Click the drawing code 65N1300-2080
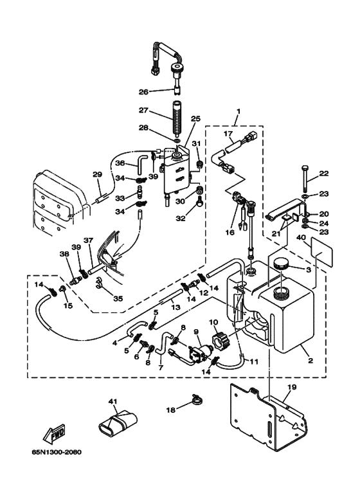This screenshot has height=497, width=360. tap(57, 452)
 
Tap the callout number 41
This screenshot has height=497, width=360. tap(113, 402)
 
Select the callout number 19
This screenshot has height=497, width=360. tap(291, 387)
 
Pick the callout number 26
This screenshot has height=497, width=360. tap(143, 92)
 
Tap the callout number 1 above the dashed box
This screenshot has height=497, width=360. tap(239, 111)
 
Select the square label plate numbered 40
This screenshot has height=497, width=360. tap(322, 251)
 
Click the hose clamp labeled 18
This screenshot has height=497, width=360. tap(197, 401)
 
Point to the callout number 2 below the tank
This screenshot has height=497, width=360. tap(310, 361)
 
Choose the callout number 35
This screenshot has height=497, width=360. tap(118, 298)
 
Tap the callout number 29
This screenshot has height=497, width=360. tap(97, 174)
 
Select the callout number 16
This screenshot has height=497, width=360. tap(230, 233)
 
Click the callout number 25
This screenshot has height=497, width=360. tap(195, 119)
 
